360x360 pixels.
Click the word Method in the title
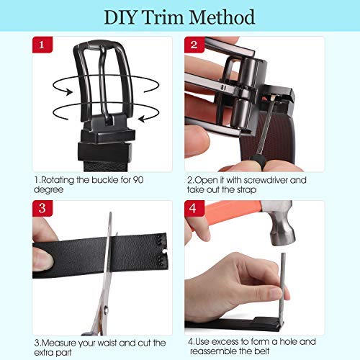[222, 17]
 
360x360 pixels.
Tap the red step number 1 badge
[42, 45]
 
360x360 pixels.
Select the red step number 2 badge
[194, 45]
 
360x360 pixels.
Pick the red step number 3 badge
[42, 208]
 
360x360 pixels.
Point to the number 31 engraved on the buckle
[223, 88]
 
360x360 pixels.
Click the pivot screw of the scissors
[106, 310]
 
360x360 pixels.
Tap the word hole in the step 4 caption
[289, 341]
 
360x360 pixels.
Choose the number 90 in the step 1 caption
[138, 180]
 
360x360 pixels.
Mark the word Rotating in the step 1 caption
[57, 180]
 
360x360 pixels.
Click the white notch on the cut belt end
[165, 251]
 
